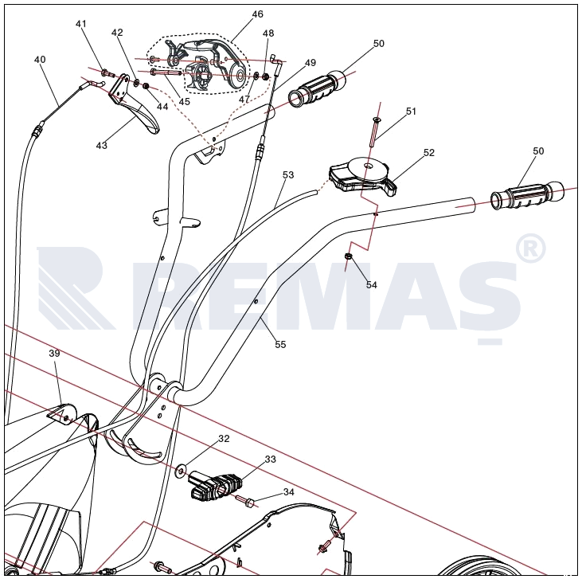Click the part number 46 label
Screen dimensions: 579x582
click(x=257, y=14)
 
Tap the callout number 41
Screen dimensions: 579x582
click(x=81, y=24)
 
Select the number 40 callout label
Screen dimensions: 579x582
click(x=40, y=60)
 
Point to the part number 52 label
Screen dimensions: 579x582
click(x=429, y=152)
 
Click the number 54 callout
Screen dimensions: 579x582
click(x=372, y=284)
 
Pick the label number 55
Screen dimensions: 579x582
click(x=280, y=344)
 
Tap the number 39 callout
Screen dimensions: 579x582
click(x=54, y=353)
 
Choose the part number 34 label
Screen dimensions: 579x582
click(x=289, y=491)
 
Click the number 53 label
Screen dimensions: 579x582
click(x=288, y=174)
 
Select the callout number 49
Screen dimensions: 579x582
click(x=310, y=62)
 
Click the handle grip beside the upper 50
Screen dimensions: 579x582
click(x=318, y=88)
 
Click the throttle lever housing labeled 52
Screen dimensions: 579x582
click(x=362, y=175)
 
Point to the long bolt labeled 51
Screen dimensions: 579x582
click(x=373, y=131)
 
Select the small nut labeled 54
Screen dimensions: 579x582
click(x=349, y=256)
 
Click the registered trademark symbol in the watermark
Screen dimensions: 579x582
click(x=530, y=248)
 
